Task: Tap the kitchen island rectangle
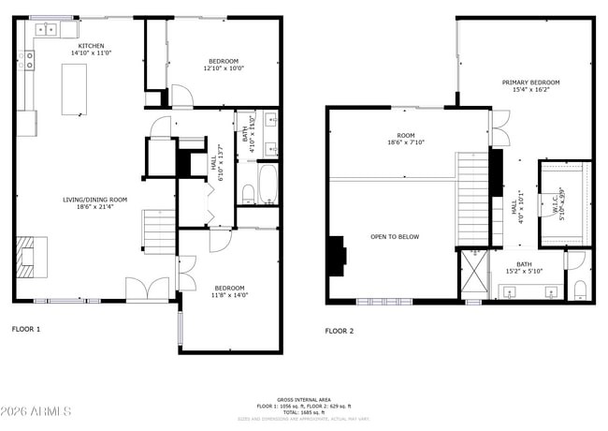75,89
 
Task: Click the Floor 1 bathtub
267,185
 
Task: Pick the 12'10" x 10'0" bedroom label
223,65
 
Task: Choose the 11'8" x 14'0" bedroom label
229,291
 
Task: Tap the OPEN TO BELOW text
395,237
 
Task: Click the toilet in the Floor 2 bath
579,287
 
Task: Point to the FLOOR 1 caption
25,330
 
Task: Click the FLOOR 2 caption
340,331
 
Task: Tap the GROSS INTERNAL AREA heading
305,399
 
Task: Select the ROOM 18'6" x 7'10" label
406,139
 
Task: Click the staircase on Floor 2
471,197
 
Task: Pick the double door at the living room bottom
147,289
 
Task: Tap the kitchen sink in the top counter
44,31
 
